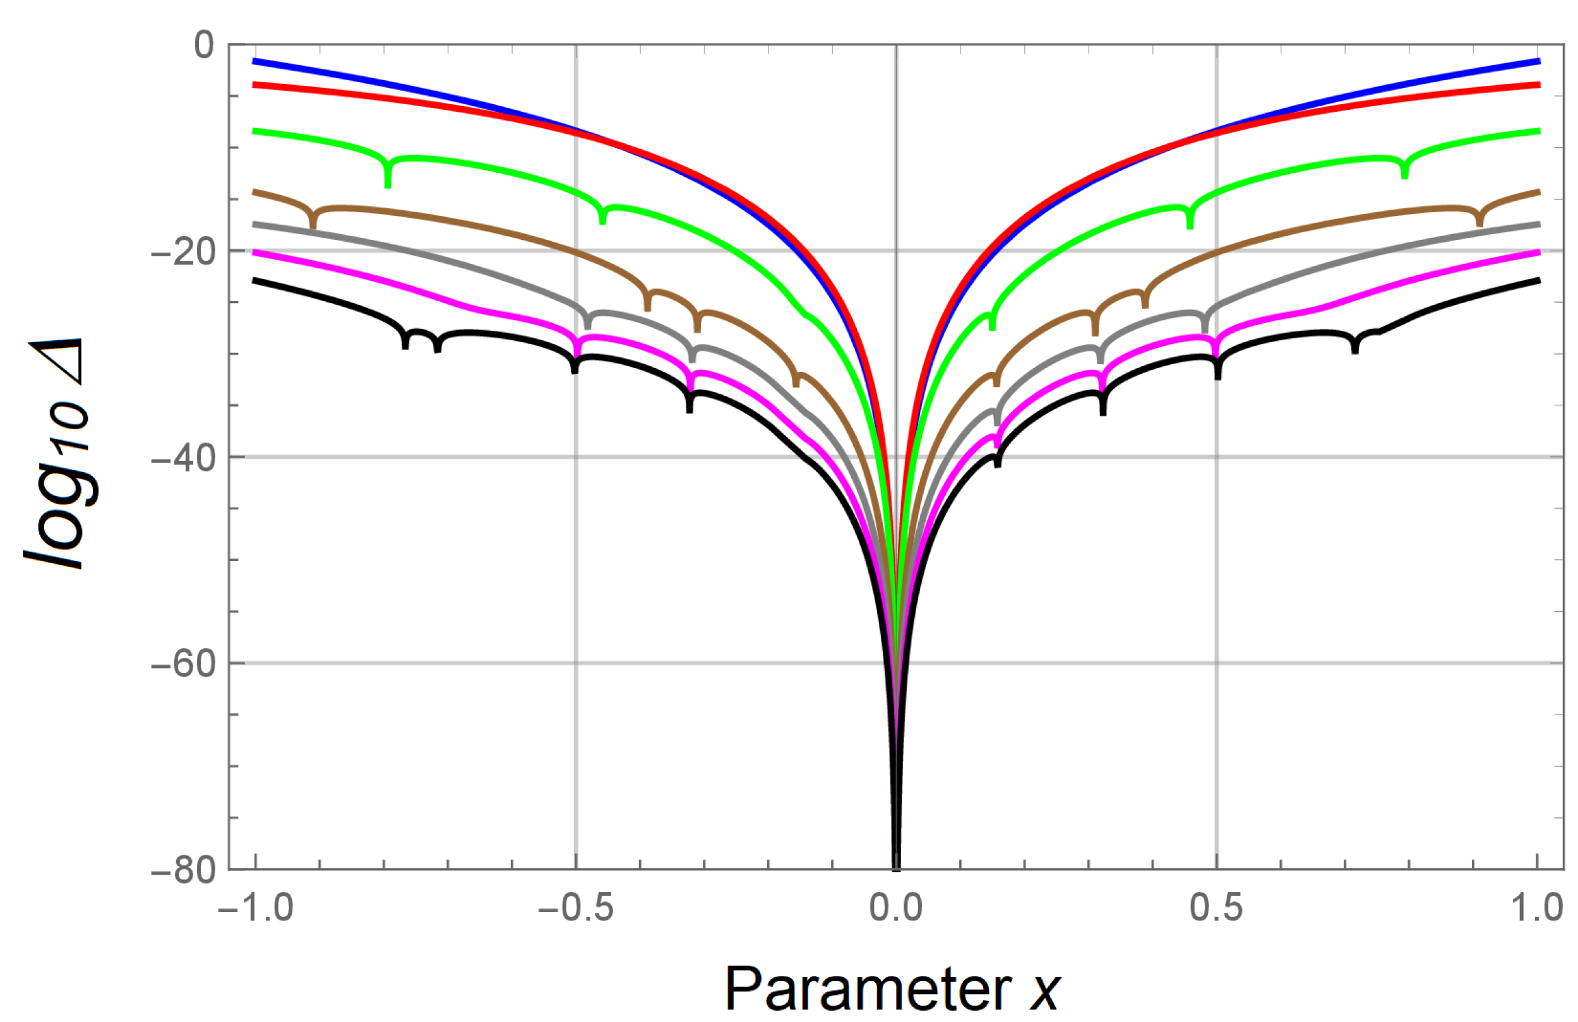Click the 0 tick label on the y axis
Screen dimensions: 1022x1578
(204, 45)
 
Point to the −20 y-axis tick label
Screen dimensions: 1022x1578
(184, 253)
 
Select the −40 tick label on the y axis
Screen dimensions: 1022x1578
(184, 459)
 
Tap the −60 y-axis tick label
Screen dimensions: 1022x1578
(184, 664)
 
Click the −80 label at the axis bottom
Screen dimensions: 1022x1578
(184, 870)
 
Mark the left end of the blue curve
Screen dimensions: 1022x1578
(254, 61)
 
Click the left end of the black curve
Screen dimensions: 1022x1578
(254, 281)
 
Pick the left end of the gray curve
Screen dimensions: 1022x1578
(254, 225)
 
